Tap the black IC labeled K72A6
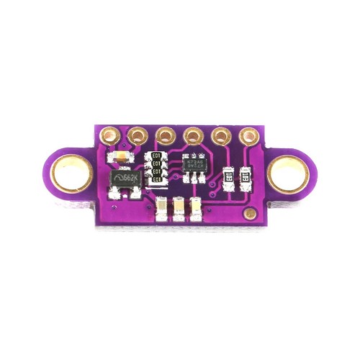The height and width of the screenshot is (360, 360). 194,167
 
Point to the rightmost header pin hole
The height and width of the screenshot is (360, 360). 249,134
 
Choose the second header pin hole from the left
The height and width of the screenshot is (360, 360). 137,134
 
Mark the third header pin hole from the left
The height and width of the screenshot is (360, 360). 165,134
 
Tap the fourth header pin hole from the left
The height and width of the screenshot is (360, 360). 193,134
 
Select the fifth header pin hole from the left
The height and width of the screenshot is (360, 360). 221,134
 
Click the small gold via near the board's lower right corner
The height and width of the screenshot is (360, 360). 249,214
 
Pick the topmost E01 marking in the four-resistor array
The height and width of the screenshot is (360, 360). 155,157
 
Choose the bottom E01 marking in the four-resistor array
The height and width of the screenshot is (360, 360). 155,179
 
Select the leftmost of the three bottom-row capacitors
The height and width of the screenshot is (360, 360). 161,208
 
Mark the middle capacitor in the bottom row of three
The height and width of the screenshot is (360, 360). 178,208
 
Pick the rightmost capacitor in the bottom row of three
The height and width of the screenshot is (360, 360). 194,208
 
